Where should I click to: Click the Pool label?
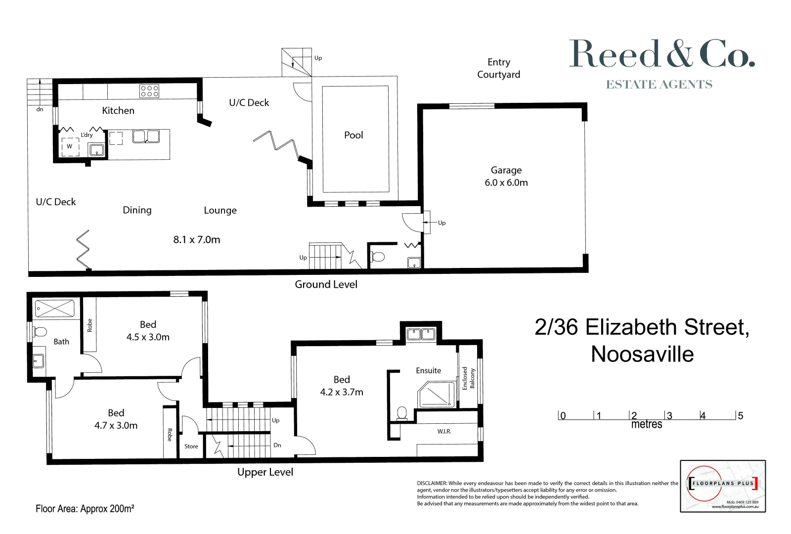pos(353,135)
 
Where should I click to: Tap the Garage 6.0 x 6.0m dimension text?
pos(506,182)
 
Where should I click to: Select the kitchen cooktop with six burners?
pos(149,91)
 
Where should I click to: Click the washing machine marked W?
pos(70,146)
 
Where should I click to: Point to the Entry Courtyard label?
pos(498,68)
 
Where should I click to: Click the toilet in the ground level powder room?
pos(378,257)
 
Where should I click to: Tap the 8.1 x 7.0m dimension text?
pos(197,240)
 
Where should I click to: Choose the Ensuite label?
pos(428,370)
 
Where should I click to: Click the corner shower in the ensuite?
pos(436,395)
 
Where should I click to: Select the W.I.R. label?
pos(444,432)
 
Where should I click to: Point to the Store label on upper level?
pos(191,446)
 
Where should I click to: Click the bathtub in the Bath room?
pos(54,309)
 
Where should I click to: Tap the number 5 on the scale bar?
pos(740,416)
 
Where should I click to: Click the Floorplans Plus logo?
pos(723,486)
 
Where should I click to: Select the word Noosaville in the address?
pos(642,354)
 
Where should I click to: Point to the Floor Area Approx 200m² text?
pos(85,508)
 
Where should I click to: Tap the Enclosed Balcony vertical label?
pos(468,378)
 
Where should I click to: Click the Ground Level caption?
pos(326,284)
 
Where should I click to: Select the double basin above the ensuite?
pos(420,334)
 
